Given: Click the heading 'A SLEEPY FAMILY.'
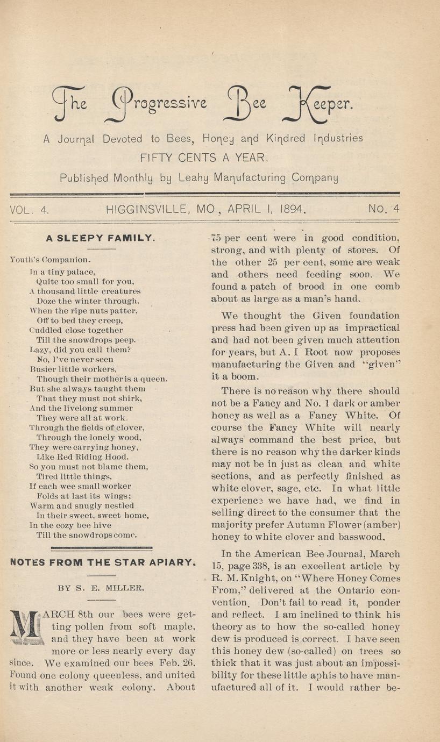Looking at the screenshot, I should pyautogui.click(x=101, y=237).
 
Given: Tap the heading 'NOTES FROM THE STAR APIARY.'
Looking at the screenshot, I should pyautogui.click(x=102, y=562).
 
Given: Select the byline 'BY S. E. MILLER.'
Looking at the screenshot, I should pyautogui.click(x=102, y=588).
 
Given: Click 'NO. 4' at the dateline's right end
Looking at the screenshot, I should pyautogui.click(x=384, y=210).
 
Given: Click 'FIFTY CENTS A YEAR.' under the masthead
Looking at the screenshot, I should pyautogui.click(x=203, y=158).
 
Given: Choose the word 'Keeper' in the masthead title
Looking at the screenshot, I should pyautogui.click(x=318, y=104).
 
